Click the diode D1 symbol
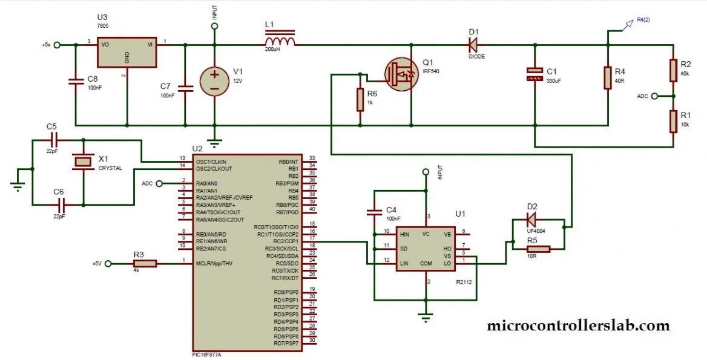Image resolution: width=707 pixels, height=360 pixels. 473,44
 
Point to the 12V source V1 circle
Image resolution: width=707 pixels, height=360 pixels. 215,80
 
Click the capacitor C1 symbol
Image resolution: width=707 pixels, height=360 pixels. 534,74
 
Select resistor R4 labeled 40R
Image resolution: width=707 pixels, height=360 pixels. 608,77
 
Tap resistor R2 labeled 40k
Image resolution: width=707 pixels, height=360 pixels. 672,70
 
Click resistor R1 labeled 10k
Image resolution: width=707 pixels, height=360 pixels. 672,121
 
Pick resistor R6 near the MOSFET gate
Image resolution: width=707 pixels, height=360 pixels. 360,100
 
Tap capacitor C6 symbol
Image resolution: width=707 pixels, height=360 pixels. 59,205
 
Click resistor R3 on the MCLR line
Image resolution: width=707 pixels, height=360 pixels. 145,263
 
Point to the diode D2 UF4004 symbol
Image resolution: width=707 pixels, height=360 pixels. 531,218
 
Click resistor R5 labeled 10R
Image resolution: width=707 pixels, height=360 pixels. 537,249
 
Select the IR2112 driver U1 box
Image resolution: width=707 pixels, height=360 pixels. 427,248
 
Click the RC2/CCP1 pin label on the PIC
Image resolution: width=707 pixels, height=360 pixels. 277,241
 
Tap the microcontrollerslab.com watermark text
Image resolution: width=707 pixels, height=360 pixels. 578,326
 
